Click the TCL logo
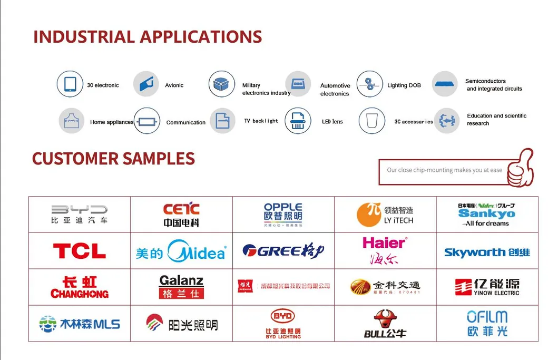pos(79,251)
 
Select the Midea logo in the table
pos(181,251)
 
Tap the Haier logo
pos(385,250)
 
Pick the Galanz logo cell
pos(181,287)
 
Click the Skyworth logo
pos(487,252)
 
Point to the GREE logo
pos(283,250)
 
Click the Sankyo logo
pos(486,214)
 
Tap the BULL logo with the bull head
pos(385,323)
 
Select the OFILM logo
pos(487,323)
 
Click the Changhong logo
pos(79,287)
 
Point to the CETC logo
pos(181,215)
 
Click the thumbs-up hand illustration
pos(519,168)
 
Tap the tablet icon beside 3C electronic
pos(70,84)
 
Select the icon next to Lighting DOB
pos(370,84)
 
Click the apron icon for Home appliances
pos(72,121)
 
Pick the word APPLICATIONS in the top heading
pos(201,37)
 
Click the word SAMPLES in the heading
pos(159,158)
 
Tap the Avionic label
pos(174,85)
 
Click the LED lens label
pos(332,122)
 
